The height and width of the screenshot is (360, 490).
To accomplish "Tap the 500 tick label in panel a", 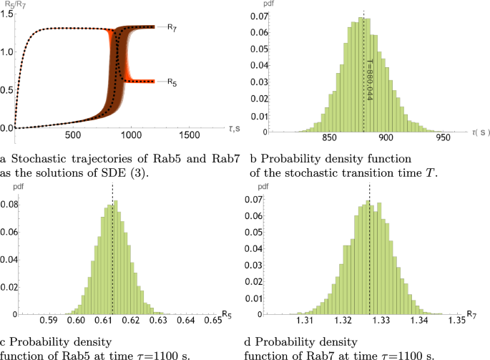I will click(72, 135).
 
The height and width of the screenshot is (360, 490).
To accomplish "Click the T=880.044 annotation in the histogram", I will click(369, 78).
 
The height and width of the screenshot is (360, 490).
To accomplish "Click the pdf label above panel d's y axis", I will click(264, 185).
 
